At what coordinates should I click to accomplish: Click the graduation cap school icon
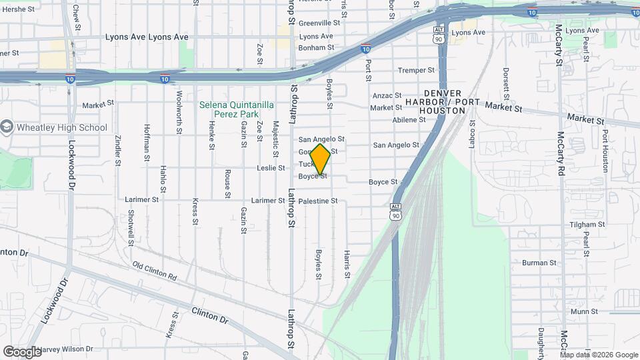tap(7, 127)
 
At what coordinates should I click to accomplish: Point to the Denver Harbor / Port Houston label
tap(443, 101)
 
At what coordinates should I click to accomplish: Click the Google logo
tap(22, 351)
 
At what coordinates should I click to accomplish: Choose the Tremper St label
tap(416, 70)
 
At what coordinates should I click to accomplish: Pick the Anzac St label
tap(387, 96)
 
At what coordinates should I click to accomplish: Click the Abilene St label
tap(409, 120)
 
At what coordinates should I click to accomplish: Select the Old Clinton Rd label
tap(155, 271)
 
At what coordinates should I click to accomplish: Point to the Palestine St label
tap(318, 201)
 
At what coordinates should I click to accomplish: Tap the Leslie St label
tap(271, 168)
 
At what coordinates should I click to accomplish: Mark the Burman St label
tap(539, 263)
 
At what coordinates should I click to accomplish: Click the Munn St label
tap(583, 311)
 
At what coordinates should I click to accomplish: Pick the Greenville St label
tap(319, 22)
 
